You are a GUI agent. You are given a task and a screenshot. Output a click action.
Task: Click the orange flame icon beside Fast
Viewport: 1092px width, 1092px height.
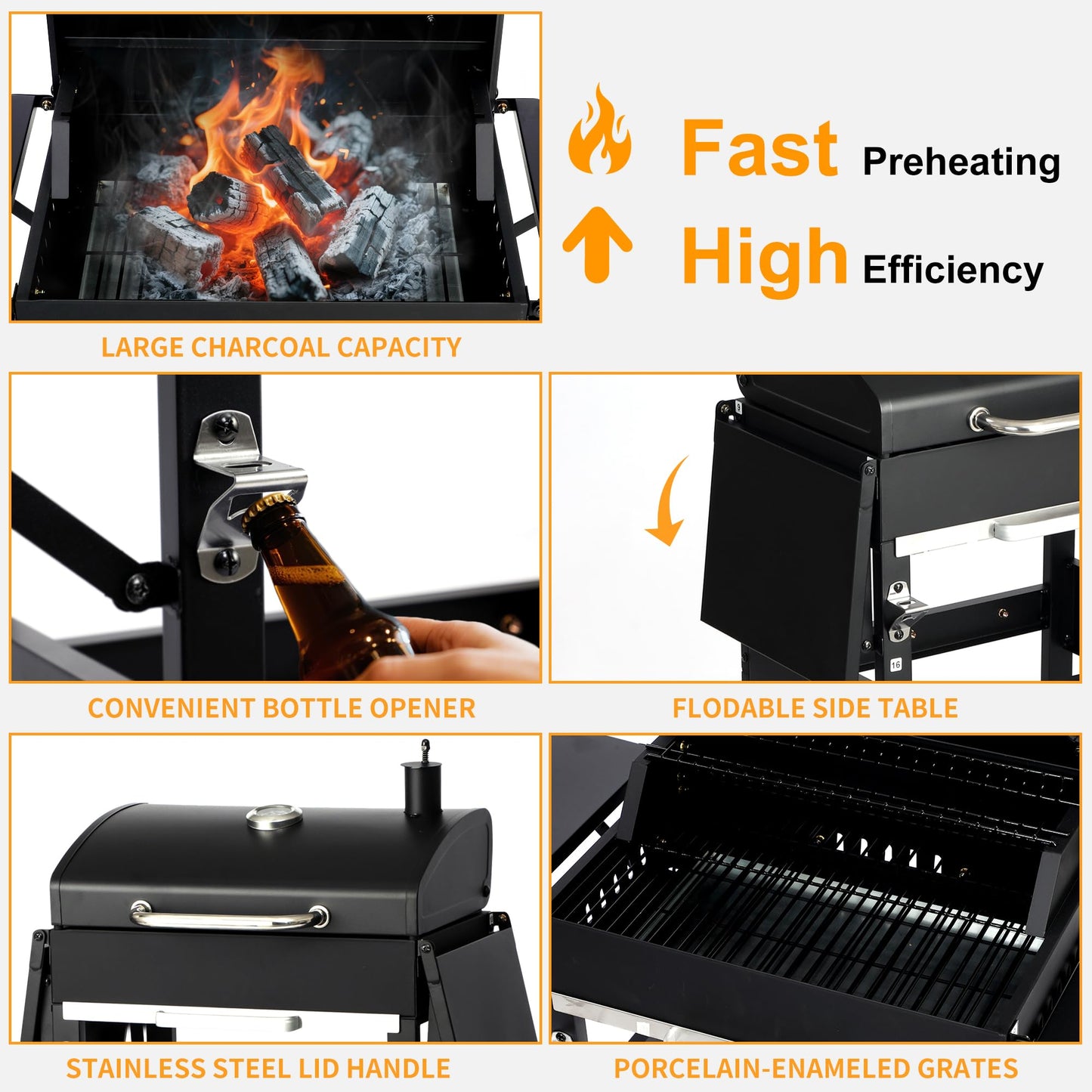pos(600,133)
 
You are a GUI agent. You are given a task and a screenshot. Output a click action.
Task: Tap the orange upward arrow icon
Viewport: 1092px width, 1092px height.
pos(597,243)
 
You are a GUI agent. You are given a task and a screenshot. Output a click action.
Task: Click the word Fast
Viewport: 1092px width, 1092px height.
pos(759,149)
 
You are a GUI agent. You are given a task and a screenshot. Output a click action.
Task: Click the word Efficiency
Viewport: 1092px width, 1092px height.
pos(952,270)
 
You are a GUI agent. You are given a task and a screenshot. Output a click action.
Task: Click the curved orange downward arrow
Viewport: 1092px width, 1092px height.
pos(668,503)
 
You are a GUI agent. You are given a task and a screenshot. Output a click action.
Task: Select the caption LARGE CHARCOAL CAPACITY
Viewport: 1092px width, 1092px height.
pos(281,347)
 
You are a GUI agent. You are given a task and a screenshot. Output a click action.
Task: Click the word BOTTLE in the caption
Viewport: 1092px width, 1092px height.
pos(312,708)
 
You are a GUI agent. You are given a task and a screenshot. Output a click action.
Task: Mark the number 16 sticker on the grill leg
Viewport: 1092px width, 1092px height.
pos(896,665)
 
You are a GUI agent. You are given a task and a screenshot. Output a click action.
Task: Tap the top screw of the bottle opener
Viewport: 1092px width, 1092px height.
pos(225,428)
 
